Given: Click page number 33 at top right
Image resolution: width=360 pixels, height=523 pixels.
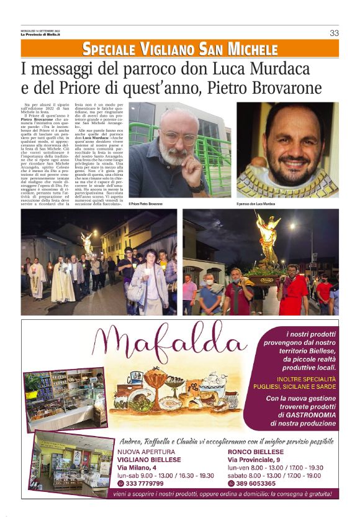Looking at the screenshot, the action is click(334, 33).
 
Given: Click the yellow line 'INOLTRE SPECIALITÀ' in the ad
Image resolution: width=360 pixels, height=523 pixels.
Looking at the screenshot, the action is click(302, 378).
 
